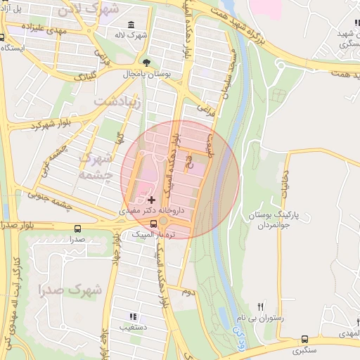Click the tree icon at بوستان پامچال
point(146,62)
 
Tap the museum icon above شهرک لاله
point(132,25)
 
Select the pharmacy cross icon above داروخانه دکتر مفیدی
point(150,200)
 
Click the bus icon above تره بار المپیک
point(163,224)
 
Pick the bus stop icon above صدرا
point(77,229)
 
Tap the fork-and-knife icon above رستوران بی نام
point(261,307)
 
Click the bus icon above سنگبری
point(304,339)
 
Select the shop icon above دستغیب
point(133,316)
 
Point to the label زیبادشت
point(117,103)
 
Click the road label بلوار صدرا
point(18,226)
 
